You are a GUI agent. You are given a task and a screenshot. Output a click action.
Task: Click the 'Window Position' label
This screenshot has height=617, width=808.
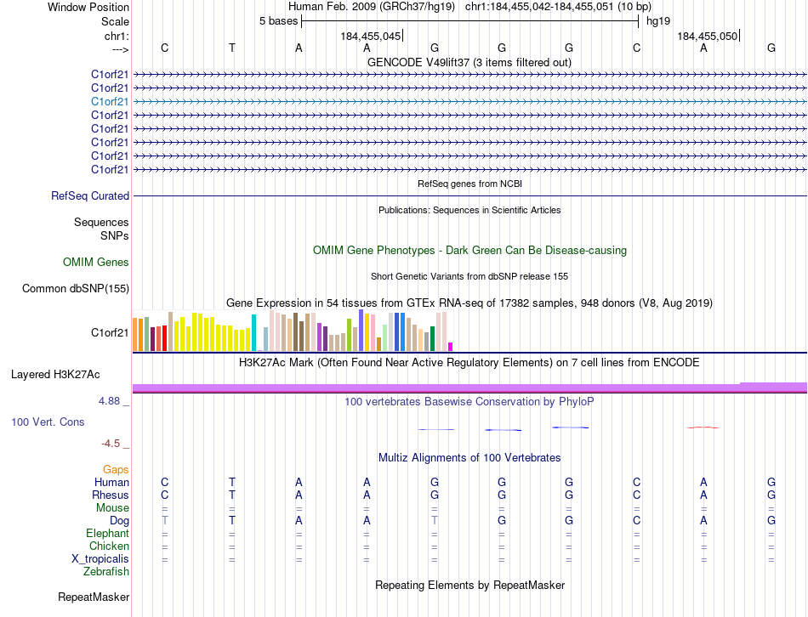(88, 7)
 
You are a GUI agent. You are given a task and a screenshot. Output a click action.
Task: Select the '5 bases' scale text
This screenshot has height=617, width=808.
(278, 20)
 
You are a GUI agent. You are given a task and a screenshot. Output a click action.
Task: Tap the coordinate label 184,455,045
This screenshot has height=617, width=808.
(370, 37)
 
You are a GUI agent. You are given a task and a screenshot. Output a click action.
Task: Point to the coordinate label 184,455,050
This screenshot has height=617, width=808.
(707, 37)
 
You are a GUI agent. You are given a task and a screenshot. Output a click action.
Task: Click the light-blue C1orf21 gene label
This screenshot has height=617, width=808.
(110, 101)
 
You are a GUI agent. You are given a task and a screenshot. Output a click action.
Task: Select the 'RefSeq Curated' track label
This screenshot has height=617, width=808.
(90, 196)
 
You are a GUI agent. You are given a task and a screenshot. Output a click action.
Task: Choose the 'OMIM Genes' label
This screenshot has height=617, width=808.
(96, 263)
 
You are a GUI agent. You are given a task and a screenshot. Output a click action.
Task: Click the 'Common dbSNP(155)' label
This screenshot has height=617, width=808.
(76, 289)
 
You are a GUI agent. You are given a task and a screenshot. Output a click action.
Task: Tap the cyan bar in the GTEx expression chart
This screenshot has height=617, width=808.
(253, 332)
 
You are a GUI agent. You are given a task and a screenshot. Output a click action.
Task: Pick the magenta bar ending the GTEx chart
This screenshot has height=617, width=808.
(450, 346)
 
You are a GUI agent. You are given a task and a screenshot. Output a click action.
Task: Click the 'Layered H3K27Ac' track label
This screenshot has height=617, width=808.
(55, 375)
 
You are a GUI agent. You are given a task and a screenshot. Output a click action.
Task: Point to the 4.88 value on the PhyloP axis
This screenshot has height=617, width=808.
(111, 400)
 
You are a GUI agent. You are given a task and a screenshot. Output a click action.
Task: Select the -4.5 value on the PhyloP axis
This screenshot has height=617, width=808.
(112, 444)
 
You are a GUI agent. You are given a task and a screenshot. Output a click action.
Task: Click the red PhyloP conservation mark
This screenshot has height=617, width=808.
(703, 427)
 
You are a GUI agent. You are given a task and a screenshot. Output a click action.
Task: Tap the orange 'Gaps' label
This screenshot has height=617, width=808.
(116, 470)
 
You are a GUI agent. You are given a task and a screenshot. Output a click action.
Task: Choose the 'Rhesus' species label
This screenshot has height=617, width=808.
(111, 495)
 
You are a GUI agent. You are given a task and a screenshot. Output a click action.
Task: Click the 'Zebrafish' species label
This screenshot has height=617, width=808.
(107, 572)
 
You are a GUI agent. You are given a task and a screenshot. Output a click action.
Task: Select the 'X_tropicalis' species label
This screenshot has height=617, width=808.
(100, 559)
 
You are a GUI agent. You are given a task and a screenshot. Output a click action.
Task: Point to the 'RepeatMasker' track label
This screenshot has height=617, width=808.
(93, 597)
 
